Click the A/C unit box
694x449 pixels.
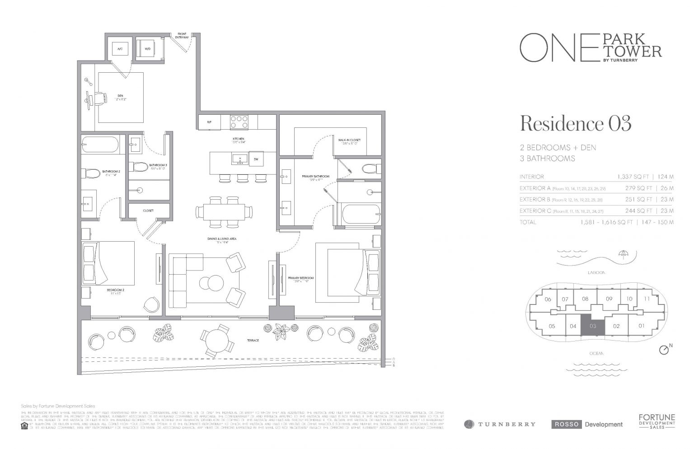pos(120,48)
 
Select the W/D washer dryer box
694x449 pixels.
pos(148,48)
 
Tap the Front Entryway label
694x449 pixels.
pos(182,36)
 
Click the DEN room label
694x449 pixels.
pos(121,96)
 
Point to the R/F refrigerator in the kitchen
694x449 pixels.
pos(209,122)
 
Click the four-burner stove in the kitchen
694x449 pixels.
pos(239,122)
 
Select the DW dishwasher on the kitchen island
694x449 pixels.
pos(256,159)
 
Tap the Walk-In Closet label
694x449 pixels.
pos(347,141)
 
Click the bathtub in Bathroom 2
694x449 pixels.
pos(100,146)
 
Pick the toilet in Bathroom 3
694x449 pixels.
pos(139,167)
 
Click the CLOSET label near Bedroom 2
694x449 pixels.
pos(148,210)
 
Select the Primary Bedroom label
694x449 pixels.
pos(300,278)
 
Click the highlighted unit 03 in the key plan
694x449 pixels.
pos(592,325)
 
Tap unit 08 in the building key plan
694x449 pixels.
pos(585,299)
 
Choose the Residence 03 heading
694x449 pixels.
pos(576,123)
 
